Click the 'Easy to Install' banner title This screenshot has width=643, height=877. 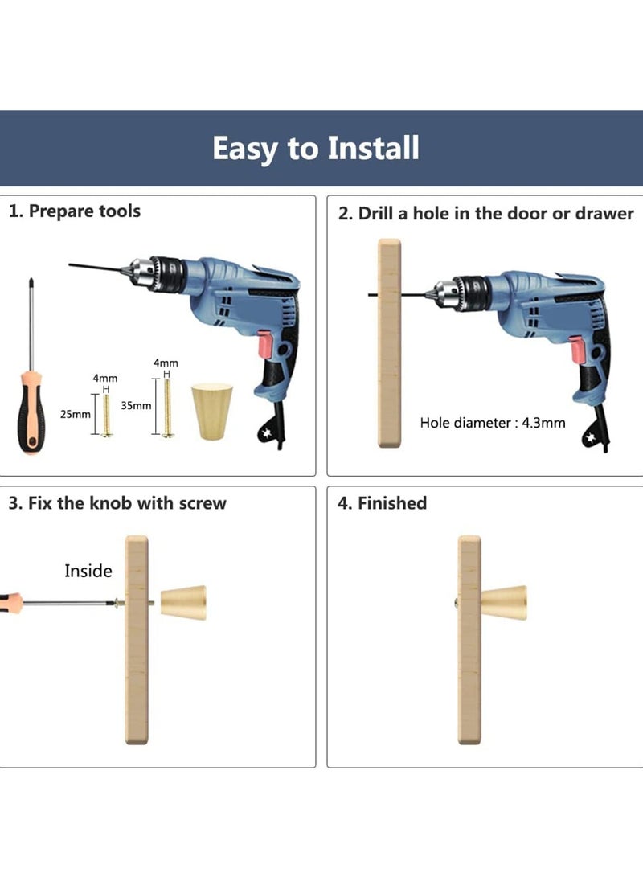[315, 148]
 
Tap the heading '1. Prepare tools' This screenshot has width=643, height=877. [75, 211]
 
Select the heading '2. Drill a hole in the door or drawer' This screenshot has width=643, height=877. [485, 214]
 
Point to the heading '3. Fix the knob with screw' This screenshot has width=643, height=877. [117, 503]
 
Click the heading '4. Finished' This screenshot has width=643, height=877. [382, 503]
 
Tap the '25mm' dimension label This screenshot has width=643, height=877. [75, 415]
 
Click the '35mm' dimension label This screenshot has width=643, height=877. [136, 405]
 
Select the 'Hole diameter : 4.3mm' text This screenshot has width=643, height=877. [493, 422]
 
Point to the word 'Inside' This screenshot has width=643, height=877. [88, 571]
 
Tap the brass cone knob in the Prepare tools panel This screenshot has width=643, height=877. [212, 411]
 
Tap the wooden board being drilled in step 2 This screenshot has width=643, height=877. [390, 343]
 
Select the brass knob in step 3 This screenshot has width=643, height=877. [183, 602]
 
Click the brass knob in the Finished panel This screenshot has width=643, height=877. [503, 602]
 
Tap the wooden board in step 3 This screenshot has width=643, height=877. [137, 640]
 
